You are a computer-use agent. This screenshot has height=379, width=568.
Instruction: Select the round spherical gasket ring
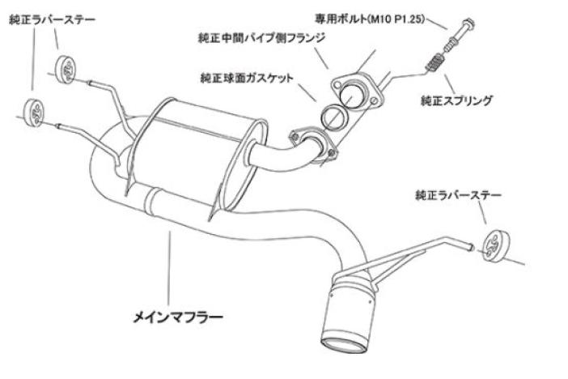click(x=333, y=118)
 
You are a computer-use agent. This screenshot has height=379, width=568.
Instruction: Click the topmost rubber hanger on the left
click(x=67, y=70)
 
